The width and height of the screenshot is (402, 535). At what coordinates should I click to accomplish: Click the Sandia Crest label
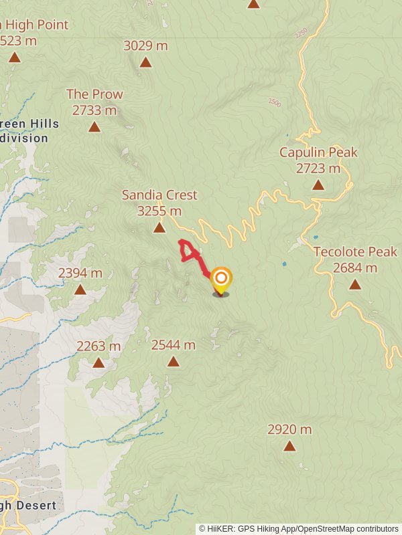(x=159, y=195)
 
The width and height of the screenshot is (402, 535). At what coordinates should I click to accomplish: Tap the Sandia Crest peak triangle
(x=159, y=228)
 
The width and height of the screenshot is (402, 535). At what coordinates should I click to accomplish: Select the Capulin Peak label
(x=318, y=152)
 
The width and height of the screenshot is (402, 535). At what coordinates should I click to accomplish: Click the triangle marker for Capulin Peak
(x=318, y=185)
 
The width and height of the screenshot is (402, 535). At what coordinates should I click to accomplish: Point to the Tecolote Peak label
(x=355, y=252)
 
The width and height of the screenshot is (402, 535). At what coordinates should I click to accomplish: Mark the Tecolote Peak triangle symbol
(x=355, y=285)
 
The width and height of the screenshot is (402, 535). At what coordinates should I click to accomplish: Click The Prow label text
(x=94, y=94)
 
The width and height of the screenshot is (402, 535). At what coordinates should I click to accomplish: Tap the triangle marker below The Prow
(x=94, y=127)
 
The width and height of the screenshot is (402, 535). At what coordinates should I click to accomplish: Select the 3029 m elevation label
(x=145, y=45)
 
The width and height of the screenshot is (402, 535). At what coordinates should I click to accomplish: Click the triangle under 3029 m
(x=145, y=63)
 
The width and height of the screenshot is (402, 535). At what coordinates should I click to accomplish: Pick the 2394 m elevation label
(x=80, y=273)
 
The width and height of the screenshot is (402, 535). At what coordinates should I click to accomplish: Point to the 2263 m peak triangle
(x=98, y=363)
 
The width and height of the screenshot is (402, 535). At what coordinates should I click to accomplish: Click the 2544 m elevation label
(x=173, y=345)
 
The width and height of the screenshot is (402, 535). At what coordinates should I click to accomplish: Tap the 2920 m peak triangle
(x=289, y=446)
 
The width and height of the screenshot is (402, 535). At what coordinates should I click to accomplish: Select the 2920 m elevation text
(x=289, y=429)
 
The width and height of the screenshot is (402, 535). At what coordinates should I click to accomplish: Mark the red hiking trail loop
(x=188, y=251)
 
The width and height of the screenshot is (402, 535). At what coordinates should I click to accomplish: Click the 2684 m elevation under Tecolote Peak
(x=355, y=268)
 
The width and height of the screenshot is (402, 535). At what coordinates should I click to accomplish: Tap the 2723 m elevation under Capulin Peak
(x=318, y=169)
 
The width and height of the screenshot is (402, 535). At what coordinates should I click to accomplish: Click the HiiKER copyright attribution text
(x=298, y=528)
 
